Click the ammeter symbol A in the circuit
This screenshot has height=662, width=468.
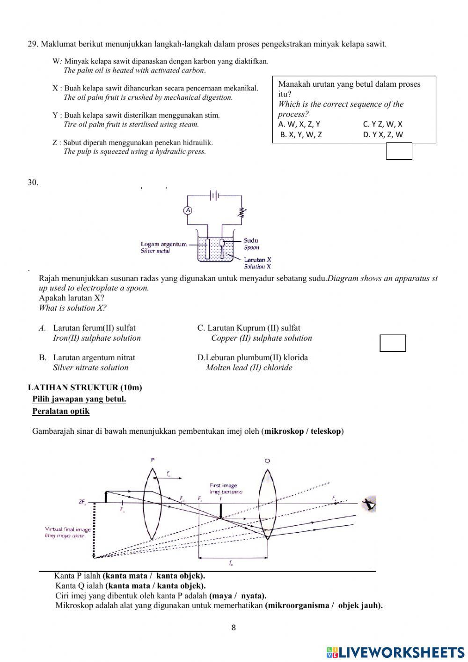click(x=188, y=210)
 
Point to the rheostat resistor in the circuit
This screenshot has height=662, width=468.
click(x=242, y=213)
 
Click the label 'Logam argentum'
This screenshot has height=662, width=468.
click(x=163, y=244)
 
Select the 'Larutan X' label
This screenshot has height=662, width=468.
click(x=257, y=260)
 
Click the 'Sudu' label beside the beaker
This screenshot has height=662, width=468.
click(x=251, y=240)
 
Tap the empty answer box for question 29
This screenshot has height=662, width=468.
click(x=399, y=151)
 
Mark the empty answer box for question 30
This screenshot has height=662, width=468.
click(x=392, y=343)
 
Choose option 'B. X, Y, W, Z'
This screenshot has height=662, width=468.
click(x=301, y=134)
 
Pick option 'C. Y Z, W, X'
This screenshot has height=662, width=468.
click(x=382, y=124)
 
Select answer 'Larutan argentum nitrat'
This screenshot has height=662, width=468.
click(x=94, y=357)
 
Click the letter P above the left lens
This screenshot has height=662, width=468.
click(x=153, y=460)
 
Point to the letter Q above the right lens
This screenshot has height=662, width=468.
click(x=267, y=461)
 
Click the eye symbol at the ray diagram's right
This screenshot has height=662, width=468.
click(x=370, y=504)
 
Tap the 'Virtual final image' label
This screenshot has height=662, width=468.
click(x=68, y=529)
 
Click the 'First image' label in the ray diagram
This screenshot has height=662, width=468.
click(x=223, y=485)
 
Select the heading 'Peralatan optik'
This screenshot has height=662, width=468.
click(x=61, y=411)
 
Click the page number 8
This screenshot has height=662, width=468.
click(x=234, y=628)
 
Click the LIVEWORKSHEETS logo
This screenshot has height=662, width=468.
click(x=395, y=652)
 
